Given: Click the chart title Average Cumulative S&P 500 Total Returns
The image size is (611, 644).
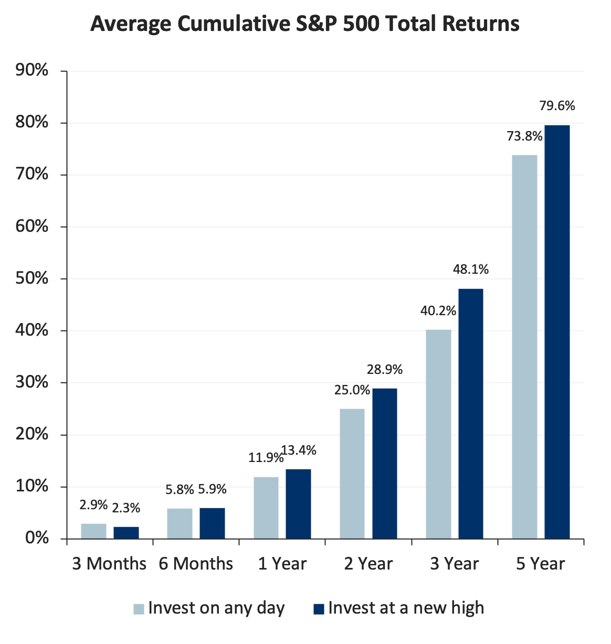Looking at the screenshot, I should [305, 24].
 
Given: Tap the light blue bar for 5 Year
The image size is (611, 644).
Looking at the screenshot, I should [524, 347].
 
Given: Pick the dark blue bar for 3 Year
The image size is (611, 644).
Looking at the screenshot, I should [471, 413].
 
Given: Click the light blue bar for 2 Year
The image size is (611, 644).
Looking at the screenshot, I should [352, 474].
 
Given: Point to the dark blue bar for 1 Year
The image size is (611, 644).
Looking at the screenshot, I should [298, 503].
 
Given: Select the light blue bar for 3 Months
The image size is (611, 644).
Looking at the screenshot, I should [93, 531].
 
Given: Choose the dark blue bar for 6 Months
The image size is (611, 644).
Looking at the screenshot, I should [212, 523].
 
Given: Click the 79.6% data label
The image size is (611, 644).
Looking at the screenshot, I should [557, 106].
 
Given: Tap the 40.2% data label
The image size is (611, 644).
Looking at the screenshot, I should [438, 311].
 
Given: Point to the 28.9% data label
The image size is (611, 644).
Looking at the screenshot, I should [385, 370].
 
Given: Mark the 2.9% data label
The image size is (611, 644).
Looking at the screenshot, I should [93, 506].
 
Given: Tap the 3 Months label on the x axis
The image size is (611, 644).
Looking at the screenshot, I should [109, 564].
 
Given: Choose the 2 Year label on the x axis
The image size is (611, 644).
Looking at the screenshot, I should [368, 564].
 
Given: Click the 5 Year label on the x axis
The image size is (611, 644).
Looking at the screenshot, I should [540, 564].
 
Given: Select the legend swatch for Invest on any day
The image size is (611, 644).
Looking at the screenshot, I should [139, 609].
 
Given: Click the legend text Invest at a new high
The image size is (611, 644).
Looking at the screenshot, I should [406, 608].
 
